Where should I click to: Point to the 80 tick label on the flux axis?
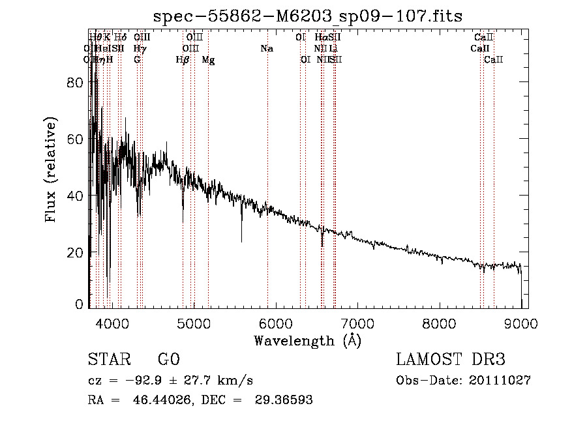[76, 83]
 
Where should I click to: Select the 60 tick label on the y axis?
[76, 139]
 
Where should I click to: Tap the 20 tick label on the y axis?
[76, 252]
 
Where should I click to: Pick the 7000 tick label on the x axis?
[357, 324]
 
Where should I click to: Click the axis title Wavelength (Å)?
[307, 340]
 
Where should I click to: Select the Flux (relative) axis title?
[51, 169]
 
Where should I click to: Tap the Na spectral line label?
[266, 49]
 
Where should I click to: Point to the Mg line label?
[208, 60]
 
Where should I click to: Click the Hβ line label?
[183, 60]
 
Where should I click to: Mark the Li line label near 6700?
[333, 49]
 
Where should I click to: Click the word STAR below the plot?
[108, 360]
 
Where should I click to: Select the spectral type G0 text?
[168, 360]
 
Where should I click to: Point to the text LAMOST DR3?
[451, 360]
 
